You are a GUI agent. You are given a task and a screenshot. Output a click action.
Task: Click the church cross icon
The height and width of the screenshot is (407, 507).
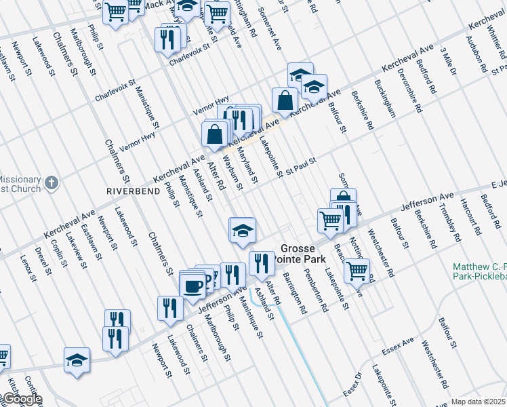click(51, 182)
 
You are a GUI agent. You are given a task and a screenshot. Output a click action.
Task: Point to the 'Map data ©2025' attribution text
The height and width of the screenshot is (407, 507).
click(479, 402)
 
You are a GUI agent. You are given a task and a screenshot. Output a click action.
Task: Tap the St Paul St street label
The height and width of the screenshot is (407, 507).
click(301, 166)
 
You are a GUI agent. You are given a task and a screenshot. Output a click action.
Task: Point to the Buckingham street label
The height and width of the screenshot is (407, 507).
click(384, 99)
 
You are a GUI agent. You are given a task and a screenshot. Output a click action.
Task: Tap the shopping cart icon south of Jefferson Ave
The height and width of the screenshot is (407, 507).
click(357, 271)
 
